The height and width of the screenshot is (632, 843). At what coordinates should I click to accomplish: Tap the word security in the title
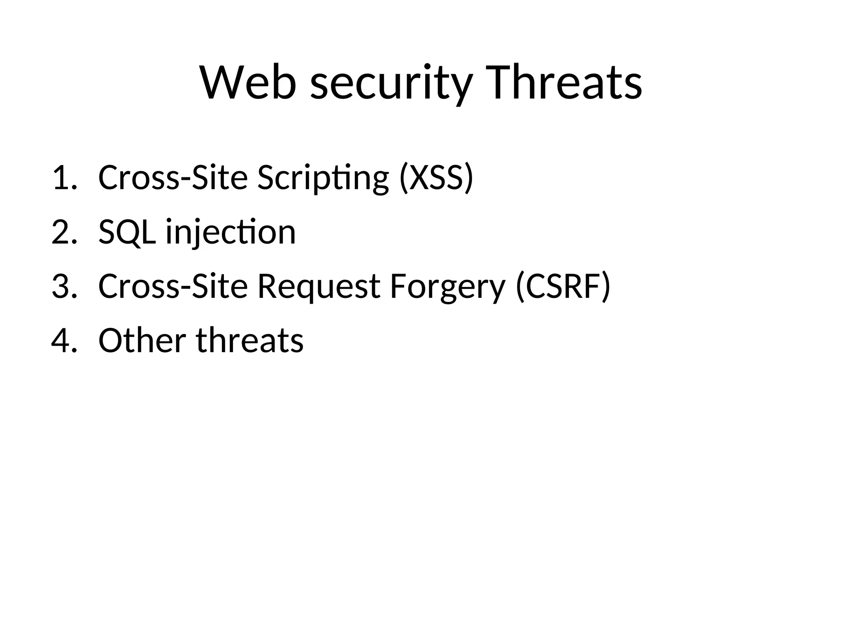391,84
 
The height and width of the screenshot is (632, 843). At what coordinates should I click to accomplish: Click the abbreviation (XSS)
436,178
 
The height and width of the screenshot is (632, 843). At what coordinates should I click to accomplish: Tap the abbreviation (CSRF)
563,286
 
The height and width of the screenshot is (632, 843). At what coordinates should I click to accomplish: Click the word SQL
127,233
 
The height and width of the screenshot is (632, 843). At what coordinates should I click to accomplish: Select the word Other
142,341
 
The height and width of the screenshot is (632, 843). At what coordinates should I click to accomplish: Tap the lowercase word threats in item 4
249,341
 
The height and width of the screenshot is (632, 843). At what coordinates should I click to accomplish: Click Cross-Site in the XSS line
173,178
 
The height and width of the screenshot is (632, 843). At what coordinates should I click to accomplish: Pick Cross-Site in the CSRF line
173,286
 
